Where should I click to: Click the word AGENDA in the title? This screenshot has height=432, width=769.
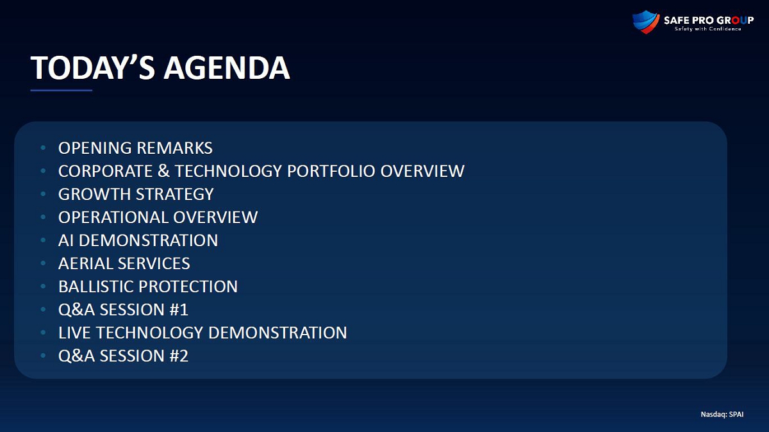[227, 68]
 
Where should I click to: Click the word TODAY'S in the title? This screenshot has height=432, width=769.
[93, 68]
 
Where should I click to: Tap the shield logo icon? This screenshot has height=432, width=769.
[646, 22]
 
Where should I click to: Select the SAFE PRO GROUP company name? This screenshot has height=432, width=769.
[709, 21]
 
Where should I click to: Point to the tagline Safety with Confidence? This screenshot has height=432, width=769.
[707, 29]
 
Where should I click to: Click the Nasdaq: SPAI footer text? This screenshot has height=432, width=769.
[722, 414]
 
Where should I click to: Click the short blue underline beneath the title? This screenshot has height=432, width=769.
[62, 90]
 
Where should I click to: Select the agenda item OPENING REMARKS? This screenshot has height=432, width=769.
[135, 148]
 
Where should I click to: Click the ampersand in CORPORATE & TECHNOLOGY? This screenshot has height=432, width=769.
[164, 171]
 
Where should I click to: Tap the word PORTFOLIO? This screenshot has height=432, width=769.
[331, 171]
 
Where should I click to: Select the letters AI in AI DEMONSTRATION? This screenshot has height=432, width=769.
[66, 240]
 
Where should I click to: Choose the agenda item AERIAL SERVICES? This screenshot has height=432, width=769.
[124, 263]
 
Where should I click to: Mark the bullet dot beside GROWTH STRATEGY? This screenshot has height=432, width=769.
[44, 194]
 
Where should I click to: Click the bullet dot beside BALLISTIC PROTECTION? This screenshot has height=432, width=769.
[44, 286]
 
